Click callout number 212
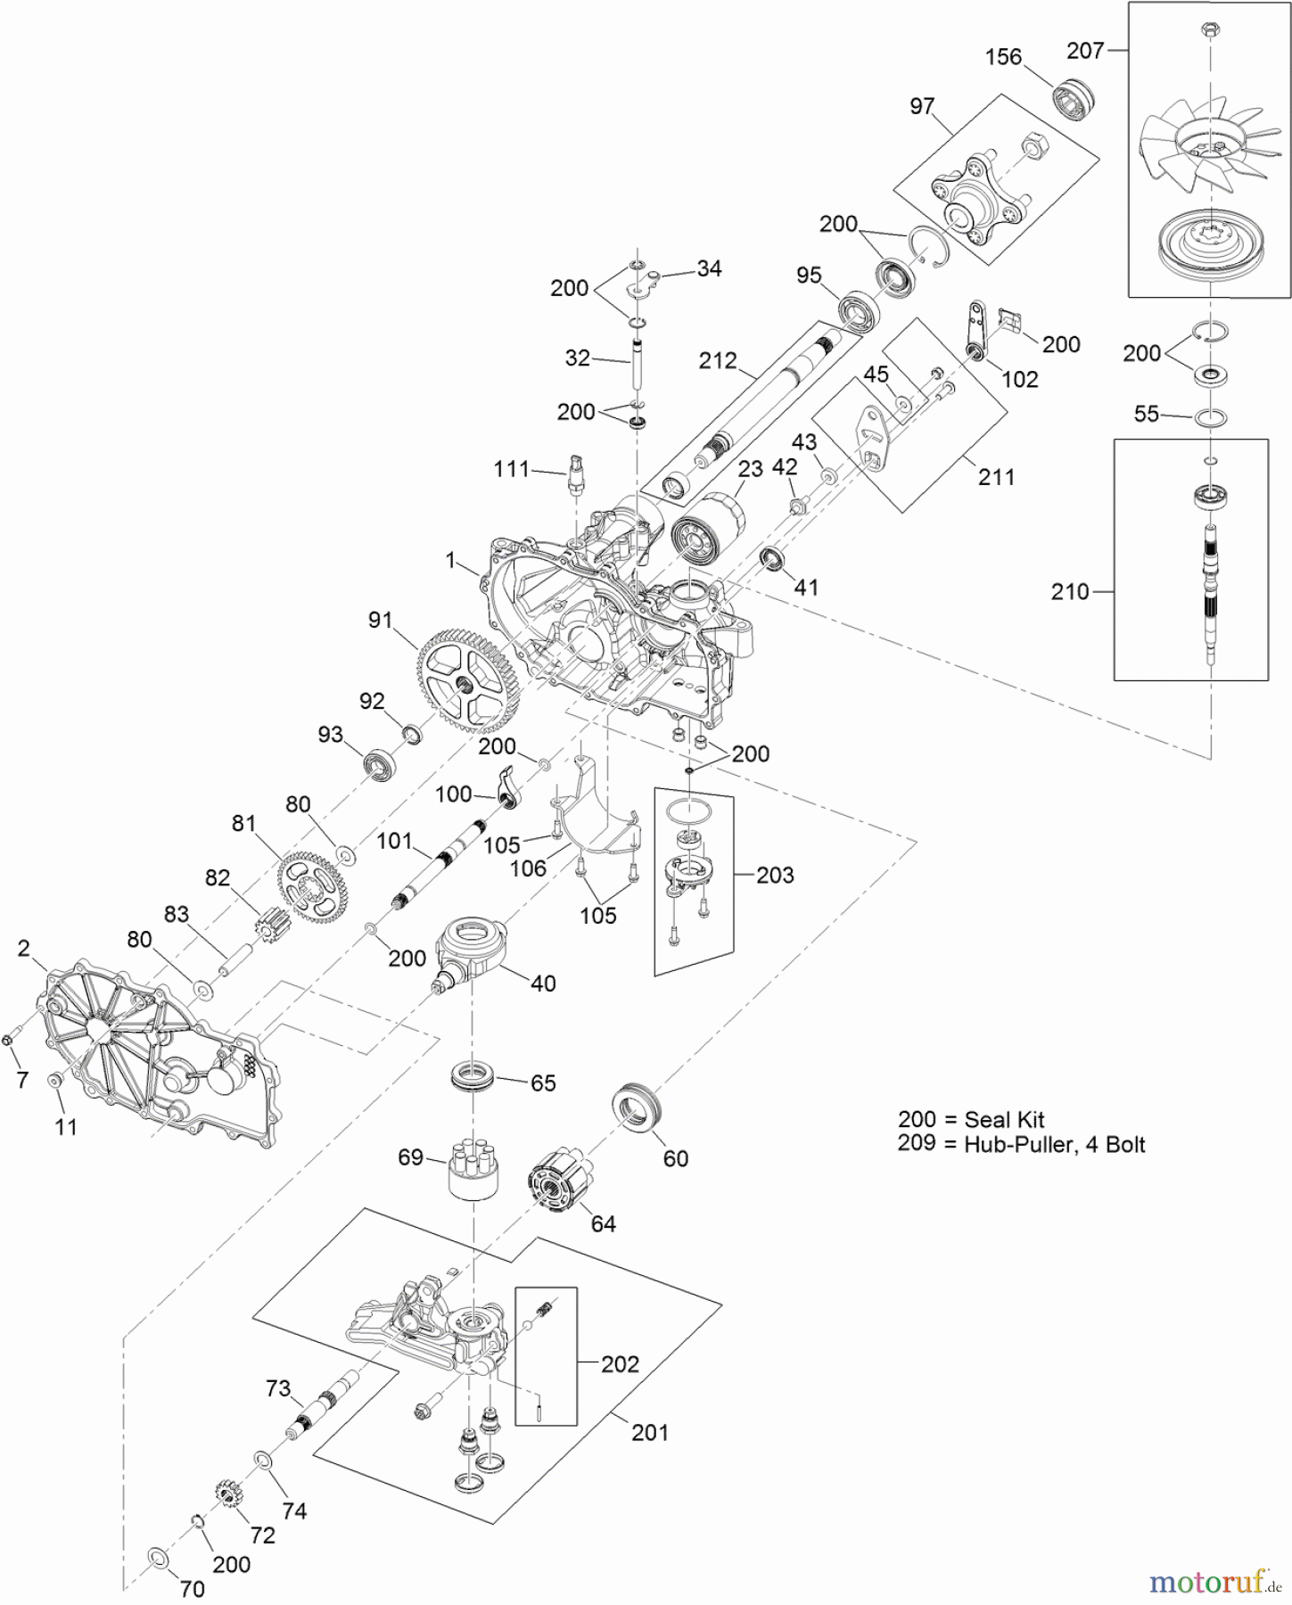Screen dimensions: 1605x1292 pos(718,361)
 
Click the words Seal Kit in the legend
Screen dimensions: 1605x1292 pos(1004,1120)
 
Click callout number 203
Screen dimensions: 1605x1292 pos(774,876)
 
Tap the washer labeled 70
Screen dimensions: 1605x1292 pos(157,1558)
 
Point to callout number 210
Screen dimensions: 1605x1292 pos(1070,591)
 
